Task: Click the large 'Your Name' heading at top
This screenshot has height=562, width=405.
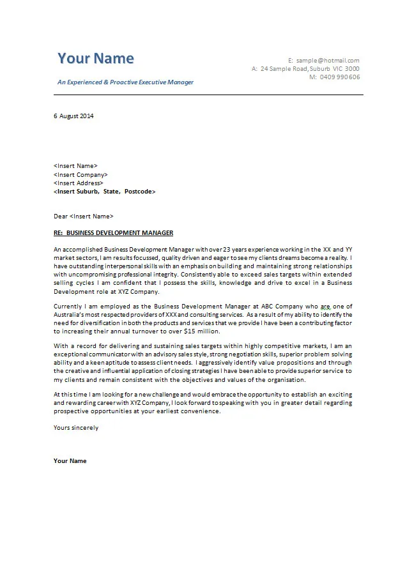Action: [96, 59]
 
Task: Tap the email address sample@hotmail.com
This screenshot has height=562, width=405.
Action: [328, 60]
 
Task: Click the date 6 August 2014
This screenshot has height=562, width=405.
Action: [73, 116]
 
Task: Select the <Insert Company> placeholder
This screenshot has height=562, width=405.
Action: [80, 174]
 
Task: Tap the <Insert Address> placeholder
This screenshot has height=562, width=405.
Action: [79, 183]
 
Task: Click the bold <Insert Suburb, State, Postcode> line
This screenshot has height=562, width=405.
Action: [105, 191]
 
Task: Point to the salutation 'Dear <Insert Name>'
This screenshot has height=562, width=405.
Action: [83, 216]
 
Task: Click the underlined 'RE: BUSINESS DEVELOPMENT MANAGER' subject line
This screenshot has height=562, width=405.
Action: [113, 232]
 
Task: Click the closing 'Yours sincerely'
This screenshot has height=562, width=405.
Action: [76, 428]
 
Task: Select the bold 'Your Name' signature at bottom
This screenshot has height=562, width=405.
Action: [70, 460]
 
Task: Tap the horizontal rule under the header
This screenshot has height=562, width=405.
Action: [208, 95]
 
